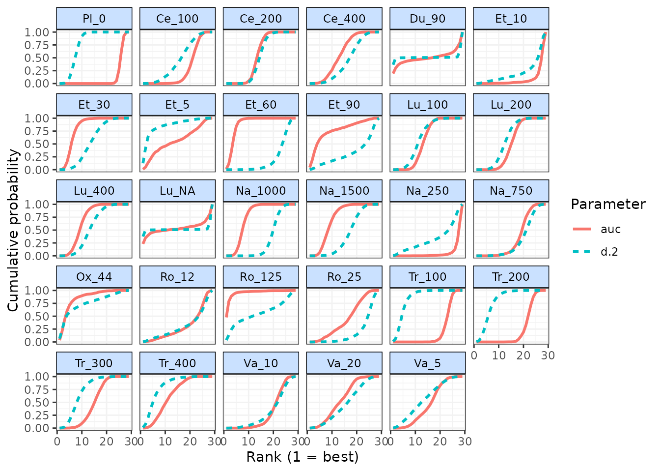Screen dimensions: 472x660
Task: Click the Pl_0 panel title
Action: coord(94,19)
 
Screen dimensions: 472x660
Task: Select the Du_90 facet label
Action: coord(427,19)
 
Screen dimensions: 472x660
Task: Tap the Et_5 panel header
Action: coord(177,105)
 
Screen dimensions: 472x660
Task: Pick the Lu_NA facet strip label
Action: coord(177,191)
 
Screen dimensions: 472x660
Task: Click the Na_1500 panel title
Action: coord(344,191)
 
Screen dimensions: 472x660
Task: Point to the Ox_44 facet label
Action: coord(94,277)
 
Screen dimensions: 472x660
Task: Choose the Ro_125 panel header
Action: coord(261,277)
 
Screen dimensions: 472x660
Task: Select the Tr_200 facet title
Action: coord(511,277)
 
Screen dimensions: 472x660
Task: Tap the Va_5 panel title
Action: coord(427,363)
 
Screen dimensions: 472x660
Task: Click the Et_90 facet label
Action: coord(344,105)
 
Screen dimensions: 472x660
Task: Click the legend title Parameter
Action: coord(608,205)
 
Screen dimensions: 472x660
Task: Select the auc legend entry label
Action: coord(610,229)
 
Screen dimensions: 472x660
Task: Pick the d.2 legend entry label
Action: coord(609,252)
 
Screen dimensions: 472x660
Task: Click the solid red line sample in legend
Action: coord(582,229)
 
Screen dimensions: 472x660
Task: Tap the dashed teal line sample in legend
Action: coord(582,252)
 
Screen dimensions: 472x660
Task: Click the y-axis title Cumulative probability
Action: coord(13,230)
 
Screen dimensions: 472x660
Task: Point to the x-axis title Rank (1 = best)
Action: coord(302,457)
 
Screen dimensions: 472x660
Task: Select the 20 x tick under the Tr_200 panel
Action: coord(523,355)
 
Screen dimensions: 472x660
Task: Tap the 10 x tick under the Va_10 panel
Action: coord(248,441)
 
